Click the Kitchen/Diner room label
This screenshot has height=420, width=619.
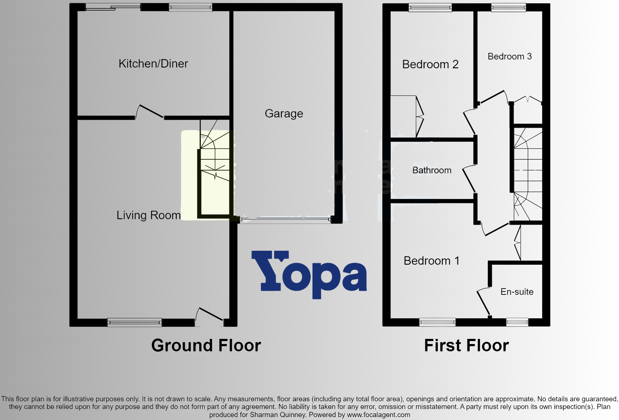click(x=153, y=64)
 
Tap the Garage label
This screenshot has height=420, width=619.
click(x=284, y=114)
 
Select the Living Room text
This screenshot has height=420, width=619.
click(x=149, y=215)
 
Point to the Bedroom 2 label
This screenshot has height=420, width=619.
click(x=430, y=65)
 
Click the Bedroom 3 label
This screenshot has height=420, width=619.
click(x=509, y=57)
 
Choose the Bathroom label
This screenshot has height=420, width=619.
click(x=432, y=170)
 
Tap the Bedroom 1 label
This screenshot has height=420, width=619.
click(x=431, y=261)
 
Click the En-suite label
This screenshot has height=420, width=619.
click(x=517, y=292)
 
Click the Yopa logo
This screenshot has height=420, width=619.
click(x=309, y=274)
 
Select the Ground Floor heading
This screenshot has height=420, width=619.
click(x=206, y=345)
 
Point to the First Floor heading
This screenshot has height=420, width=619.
click(x=466, y=345)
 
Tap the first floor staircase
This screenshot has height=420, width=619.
click(x=528, y=173)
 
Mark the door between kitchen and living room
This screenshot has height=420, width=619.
click(x=150, y=112)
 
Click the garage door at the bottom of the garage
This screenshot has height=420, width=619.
click(x=285, y=220)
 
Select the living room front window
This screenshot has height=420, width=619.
click(x=135, y=322)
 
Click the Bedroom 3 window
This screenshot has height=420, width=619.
click(x=509, y=7)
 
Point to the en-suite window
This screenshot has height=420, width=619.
click(x=517, y=322)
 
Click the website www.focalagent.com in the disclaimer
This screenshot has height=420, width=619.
click(x=378, y=415)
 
